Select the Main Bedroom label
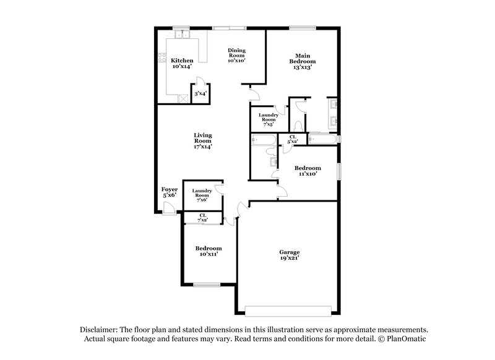(x=302, y=61)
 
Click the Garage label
(x=289, y=255)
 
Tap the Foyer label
(x=170, y=192)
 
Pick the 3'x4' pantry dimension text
(x=200, y=93)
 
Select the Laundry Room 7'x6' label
(x=202, y=195)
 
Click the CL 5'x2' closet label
(x=293, y=139)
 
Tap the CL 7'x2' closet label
(x=202, y=217)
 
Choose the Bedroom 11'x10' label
(x=307, y=171)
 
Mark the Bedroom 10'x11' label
(x=209, y=251)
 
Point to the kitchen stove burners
(x=183, y=98)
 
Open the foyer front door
(x=168, y=208)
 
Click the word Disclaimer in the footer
(x=101, y=330)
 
